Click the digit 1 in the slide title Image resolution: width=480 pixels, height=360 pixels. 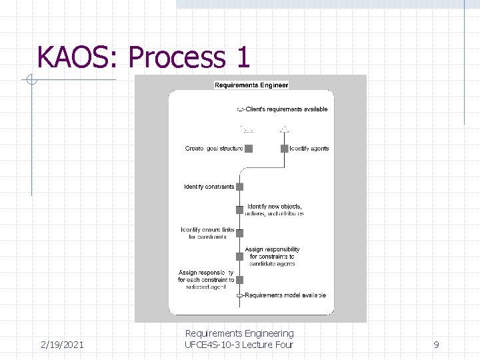pyautogui.click(x=241, y=57)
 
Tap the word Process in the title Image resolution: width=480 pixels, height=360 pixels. pyautogui.click(x=176, y=58)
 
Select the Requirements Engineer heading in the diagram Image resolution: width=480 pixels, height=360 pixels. pyautogui.click(x=251, y=85)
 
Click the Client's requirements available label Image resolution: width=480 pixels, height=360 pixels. pyautogui.click(x=287, y=109)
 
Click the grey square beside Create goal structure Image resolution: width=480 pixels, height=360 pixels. pyautogui.click(x=249, y=149)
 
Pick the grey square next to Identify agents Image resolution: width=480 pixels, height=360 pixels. pyautogui.click(x=285, y=149)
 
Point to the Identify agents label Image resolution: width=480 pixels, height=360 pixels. pyautogui.click(x=309, y=149)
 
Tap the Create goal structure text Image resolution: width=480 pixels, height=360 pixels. pyautogui.click(x=214, y=149)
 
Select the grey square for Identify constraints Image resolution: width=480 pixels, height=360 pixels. pyautogui.click(x=240, y=187)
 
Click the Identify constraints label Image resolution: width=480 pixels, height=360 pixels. pyautogui.click(x=209, y=187)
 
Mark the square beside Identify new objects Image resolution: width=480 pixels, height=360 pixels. pyautogui.click(x=240, y=210)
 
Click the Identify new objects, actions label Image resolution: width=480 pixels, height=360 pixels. pyautogui.click(x=275, y=210)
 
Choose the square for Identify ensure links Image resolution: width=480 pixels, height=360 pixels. pyautogui.click(x=240, y=233)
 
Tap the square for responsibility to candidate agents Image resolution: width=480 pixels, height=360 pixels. pyautogui.click(x=240, y=257)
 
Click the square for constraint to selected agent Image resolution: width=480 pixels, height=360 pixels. pyautogui.click(x=240, y=280)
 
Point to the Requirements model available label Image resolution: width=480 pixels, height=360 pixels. pyautogui.click(x=285, y=295)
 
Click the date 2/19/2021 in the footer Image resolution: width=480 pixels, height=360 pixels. pyautogui.click(x=61, y=345)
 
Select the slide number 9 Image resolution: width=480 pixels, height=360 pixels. pyautogui.click(x=436, y=345)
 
